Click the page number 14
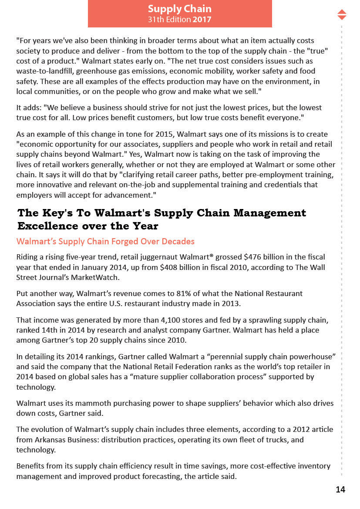(340, 489)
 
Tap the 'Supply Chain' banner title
(179, 9)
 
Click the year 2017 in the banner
(202, 20)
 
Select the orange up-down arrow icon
(342, 14)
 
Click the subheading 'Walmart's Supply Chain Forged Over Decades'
(105, 241)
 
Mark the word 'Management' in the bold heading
(270, 213)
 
